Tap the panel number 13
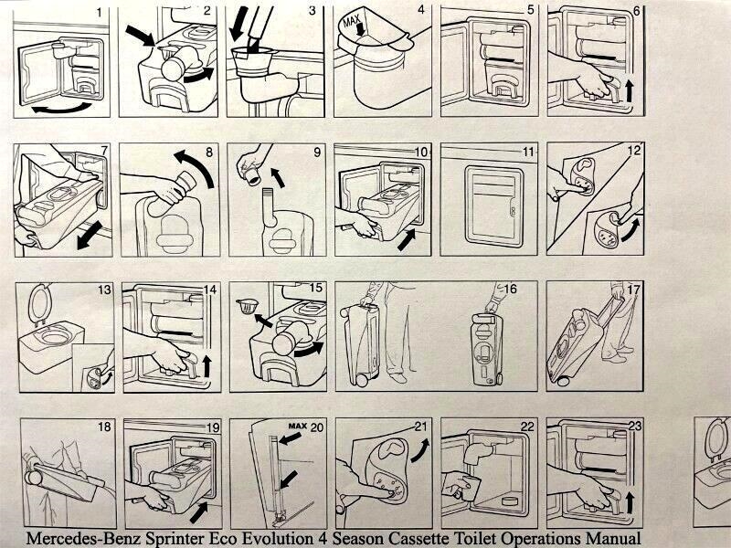click(x=104, y=290)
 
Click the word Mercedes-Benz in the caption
click(x=83, y=538)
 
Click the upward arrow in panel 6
click(x=630, y=90)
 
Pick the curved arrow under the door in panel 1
click(x=61, y=108)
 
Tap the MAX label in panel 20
click(x=298, y=426)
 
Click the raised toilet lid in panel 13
click(x=38, y=304)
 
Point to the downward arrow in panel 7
click(x=90, y=235)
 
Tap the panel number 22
click(x=527, y=427)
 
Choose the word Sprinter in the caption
click(x=175, y=538)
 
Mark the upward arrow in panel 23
click(x=630, y=504)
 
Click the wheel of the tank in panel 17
click(x=563, y=381)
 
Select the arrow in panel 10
click(x=407, y=239)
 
